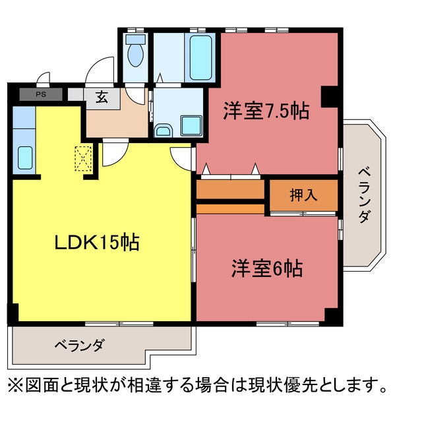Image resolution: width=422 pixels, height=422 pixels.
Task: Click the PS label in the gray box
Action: coord(41,94)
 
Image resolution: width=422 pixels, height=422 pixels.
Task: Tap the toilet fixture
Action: coord(135,50)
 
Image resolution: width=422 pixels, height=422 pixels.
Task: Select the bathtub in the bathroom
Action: coord(200,57)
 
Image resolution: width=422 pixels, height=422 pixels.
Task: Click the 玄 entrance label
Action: coord(102,97)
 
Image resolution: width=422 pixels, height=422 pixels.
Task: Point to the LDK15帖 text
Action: coord(97,242)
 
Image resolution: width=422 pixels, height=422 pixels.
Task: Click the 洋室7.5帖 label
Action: coord(266,111)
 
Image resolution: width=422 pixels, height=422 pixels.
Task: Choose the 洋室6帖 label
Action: coord(266,268)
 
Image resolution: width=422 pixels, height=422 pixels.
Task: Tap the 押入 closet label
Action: coord(303,195)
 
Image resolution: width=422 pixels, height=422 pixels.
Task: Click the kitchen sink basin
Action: coord(25,158)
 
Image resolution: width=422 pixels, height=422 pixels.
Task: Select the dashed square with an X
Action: coord(83,158)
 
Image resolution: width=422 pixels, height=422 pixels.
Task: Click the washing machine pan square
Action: coord(191,125)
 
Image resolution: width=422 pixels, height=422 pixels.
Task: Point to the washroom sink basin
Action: coord(164,131)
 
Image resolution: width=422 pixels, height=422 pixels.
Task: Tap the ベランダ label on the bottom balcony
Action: coord(79,345)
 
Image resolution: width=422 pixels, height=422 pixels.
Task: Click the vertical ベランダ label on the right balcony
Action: coord(364,195)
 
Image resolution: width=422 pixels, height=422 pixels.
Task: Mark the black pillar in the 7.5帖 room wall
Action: coord(330,97)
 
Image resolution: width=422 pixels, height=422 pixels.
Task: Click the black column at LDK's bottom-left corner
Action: coord(13,314)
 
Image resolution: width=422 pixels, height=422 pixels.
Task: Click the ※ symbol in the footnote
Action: coord(15,386)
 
